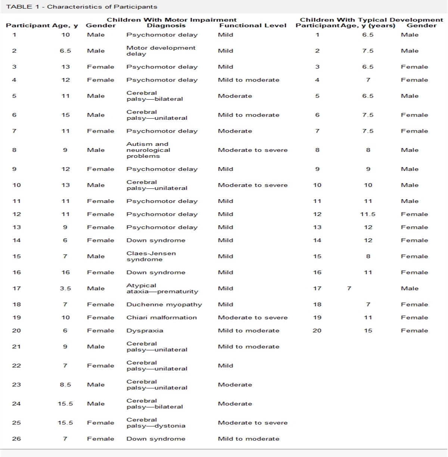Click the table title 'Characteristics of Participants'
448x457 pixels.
pyautogui.click(x=102, y=7)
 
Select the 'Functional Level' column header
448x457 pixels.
pyautogui.click(x=253, y=25)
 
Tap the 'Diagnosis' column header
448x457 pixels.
pyautogui.click(x=166, y=25)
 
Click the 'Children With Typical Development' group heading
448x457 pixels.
pyautogui.click(x=371, y=20)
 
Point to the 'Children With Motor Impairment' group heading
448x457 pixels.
pyautogui.click(x=172, y=20)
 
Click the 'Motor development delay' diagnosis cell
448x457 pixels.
pyautogui.click(x=161, y=51)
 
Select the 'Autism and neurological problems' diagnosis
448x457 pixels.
pyautogui.click(x=148, y=150)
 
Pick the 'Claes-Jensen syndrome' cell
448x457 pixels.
pyautogui.click(x=151, y=256)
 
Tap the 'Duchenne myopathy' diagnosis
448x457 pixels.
pyautogui.click(x=164, y=304)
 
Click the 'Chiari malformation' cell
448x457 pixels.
pyautogui.click(x=162, y=317)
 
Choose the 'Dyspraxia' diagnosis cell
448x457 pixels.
pyautogui.click(x=145, y=331)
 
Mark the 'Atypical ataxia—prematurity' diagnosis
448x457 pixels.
pyautogui.click(x=162, y=288)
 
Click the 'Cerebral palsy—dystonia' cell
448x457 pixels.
pyautogui.click(x=156, y=423)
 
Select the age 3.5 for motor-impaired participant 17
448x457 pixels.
pyautogui.click(x=65, y=288)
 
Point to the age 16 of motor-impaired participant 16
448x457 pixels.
pyautogui.click(x=66, y=272)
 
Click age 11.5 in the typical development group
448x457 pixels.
pyautogui.click(x=368, y=214)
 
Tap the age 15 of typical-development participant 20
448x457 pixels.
pyautogui.click(x=368, y=331)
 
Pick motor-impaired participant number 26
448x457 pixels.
pyautogui.click(x=16, y=439)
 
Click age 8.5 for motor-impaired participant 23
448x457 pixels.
pyautogui.click(x=65, y=385)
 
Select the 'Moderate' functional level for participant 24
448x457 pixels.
pyautogui.click(x=235, y=404)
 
